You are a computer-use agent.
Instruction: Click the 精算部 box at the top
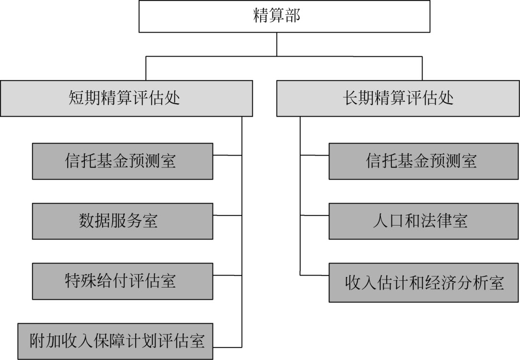pos(277,17)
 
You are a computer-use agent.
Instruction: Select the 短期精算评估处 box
pos(126,98)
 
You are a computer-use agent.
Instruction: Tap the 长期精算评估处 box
pos(398,98)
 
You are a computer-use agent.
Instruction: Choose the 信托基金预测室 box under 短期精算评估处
pos(122,161)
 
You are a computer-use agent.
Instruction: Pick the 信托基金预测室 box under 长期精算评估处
pos(424,161)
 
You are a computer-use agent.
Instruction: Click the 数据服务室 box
pos(122,221)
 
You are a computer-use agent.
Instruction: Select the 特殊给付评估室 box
pos(122,281)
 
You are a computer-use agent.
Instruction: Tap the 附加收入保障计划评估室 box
pos(115,341)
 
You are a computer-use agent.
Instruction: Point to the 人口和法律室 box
pos(424,221)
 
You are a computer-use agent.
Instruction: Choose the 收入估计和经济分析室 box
pos(424,283)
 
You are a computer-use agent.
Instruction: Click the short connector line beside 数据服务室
pos(227,216)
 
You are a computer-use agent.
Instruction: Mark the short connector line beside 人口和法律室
pos(314,216)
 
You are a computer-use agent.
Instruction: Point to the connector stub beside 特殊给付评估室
pos(227,275)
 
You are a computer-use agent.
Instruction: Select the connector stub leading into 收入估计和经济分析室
pos(314,275)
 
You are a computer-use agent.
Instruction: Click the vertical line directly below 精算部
pos(277,44)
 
